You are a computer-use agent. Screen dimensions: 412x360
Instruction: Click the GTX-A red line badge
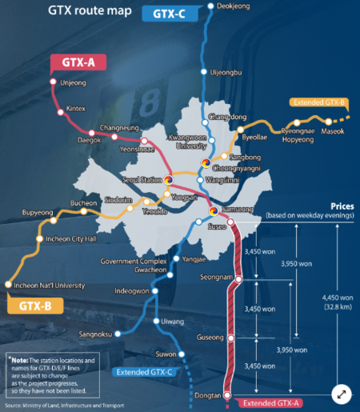[x=75, y=62]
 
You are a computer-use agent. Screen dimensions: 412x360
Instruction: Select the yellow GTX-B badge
[x=35, y=305]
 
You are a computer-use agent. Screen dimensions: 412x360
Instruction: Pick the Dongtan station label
[x=206, y=395]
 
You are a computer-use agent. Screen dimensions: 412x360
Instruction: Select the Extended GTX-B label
[x=319, y=102]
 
